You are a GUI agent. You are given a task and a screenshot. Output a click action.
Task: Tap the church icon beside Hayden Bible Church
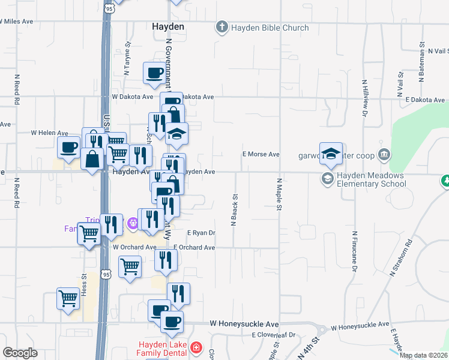pyautogui.click(x=222, y=28)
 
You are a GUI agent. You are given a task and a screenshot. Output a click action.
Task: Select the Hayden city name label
pyautogui.click(x=167, y=27)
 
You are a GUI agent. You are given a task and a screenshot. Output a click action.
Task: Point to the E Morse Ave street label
pyautogui.click(x=261, y=154)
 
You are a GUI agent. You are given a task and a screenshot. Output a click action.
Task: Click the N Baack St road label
pyautogui.click(x=235, y=209)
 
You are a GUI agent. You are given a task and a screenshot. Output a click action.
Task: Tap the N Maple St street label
pyautogui.click(x=279, y=194)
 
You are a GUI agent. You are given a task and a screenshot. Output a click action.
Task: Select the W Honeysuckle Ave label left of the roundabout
pyautogui.click(x=244, y=323)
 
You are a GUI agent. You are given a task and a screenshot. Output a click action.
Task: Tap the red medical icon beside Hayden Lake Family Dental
pyautogui.click(x=196, y=348)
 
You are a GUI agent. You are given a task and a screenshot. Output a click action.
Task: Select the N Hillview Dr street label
pyautogui.click(x=365, y=97)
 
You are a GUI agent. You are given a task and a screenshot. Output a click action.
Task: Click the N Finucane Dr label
pyautogui.click(x=355, y=249)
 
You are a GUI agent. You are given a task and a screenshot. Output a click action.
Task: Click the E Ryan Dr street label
pyautogui.click(x=201, y=233)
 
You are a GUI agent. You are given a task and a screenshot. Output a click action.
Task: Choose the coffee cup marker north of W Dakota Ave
pyautogui.click(x=154, y=74)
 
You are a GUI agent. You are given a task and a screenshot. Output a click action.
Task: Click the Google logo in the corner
pyautogui.click(x=20, y=353)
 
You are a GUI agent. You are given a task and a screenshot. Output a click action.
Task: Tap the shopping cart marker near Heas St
pyautogui.click(x=68, y=298)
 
